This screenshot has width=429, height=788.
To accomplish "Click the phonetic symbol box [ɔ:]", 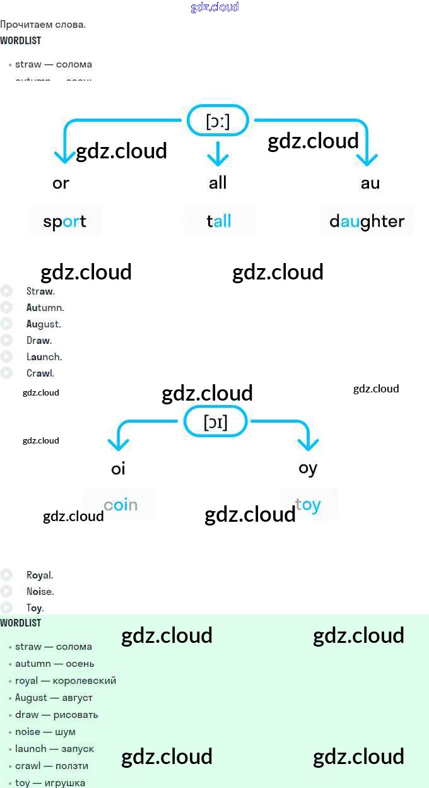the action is point(218,121).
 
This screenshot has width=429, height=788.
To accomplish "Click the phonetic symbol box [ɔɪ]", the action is point(215,421).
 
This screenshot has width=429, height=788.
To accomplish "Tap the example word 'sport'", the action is point(64,221).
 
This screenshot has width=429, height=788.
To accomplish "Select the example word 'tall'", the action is point(219,221).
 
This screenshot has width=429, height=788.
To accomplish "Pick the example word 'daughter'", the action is point(367,221).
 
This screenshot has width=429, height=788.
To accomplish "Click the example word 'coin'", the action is point(120,505).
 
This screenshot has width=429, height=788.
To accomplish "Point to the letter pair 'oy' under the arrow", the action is point(308,468).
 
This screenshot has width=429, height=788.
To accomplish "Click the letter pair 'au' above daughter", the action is point(370,183).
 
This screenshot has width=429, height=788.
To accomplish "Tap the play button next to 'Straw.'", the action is point(6,291).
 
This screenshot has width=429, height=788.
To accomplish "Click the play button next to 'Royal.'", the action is point(6,575).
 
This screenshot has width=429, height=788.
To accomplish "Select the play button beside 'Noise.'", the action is point(6,591).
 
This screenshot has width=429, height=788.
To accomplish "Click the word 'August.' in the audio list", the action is point(44,324).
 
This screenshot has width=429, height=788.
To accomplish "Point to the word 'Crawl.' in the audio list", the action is point(40,373).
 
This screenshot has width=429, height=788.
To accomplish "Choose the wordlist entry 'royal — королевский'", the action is point(66,681).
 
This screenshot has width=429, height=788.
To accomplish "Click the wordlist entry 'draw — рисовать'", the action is point(57,715).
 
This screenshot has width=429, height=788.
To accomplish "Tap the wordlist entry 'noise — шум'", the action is point(45,732).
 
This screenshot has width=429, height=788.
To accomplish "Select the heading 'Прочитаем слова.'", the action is point(43,25).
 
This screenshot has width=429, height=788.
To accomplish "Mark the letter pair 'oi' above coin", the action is point(118,469).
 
